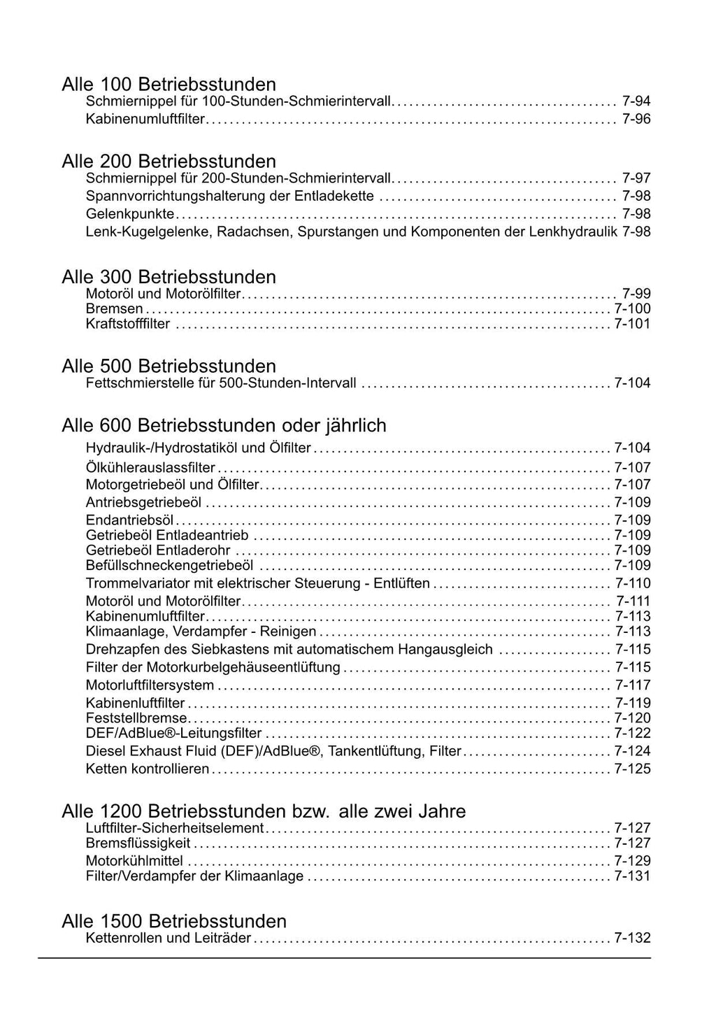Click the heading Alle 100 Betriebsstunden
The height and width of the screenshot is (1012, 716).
pos(169,85)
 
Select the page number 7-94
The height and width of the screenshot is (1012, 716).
pos(636,101)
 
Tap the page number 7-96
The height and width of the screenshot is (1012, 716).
pos(636,119)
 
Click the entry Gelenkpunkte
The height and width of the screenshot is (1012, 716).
pos(129,213)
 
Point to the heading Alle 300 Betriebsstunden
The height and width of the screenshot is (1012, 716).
pos(169,277)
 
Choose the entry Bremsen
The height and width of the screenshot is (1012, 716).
pos(114,308)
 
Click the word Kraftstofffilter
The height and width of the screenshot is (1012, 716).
pos(127,324)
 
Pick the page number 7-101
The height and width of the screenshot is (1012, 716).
pos(632,324)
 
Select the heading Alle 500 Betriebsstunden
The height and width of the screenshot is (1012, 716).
pos(169,366)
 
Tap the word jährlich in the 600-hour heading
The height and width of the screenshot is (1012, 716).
pos(355,426)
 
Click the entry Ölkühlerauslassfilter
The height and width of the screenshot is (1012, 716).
pos(150,468)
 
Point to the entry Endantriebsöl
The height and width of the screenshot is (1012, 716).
pos(129,520)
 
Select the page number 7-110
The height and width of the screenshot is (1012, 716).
pos(633,583)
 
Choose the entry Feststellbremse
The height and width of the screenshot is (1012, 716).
pos(136,718)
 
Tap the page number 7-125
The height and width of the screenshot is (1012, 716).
pos(632,769)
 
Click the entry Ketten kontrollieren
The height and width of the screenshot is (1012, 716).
pos(147,769)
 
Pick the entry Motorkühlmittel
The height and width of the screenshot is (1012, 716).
pos(134,860)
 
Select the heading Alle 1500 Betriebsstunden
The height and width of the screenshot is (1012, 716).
pos(174,920)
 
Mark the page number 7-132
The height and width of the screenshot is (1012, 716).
pos(632,938)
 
